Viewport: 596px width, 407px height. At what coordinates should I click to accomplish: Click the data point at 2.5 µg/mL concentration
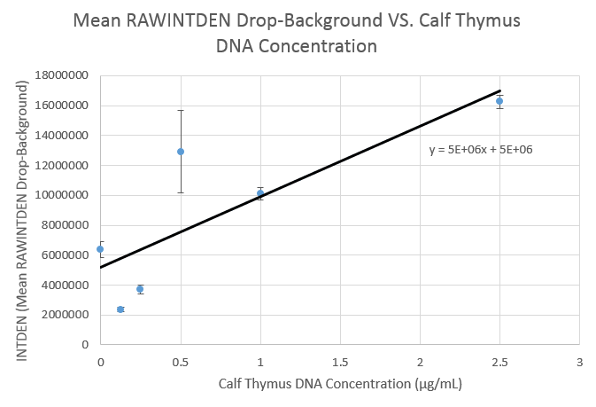click(499, 101)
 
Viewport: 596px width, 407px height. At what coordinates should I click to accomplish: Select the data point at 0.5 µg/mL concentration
click(181, 152)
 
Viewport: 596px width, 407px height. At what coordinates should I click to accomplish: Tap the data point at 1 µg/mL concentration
click(260, 193)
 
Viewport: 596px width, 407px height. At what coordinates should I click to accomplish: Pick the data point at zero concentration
click(100, 249)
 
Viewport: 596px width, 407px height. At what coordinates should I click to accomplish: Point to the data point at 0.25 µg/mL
click(140, 289)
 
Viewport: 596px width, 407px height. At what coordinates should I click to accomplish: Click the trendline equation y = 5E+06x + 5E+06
click(480, 150)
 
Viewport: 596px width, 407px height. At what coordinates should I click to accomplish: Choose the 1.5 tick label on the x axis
click(340, 363)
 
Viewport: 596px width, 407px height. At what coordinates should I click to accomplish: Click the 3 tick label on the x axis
click(579, 363)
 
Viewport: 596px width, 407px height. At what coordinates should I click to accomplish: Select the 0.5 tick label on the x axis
click(181, 363)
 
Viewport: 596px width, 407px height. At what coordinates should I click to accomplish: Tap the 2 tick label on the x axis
click(420, 363)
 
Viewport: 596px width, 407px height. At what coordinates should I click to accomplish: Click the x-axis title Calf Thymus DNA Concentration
click(340, 385)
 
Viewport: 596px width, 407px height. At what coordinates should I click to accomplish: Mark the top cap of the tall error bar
click(181, 110)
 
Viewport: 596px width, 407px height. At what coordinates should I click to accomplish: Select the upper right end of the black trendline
click(500, 90)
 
